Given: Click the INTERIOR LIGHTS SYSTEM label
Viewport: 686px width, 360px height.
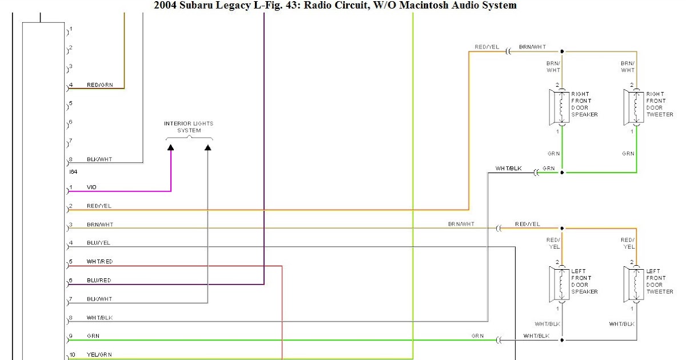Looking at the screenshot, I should [189, 127].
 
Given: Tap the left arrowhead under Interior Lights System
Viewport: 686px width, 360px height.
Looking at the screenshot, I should [170, 148].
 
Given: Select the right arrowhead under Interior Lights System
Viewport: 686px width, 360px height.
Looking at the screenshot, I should [208, 148].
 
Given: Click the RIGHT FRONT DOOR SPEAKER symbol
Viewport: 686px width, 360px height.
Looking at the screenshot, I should [560, 107].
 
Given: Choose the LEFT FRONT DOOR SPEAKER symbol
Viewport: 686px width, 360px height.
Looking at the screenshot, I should [560, 284].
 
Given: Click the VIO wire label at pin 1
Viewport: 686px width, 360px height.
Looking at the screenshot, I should [91, 187].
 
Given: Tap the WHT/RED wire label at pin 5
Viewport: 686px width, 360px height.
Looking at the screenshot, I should [99, 262].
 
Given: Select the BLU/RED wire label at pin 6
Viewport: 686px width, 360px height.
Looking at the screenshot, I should [99, 281].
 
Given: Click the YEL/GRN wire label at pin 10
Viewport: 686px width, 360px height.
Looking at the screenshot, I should [99, 355].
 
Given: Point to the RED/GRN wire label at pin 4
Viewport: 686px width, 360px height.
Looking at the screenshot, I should [99, 85].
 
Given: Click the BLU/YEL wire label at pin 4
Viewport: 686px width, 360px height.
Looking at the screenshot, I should [98, 243].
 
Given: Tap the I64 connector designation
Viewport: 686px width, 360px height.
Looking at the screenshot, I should [73, 171].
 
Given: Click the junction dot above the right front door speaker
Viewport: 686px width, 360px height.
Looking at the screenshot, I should [562, 51].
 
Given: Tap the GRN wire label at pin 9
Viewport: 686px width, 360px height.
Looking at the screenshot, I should [93, 336].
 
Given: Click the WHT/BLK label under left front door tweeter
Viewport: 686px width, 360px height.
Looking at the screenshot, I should [622, 324].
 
